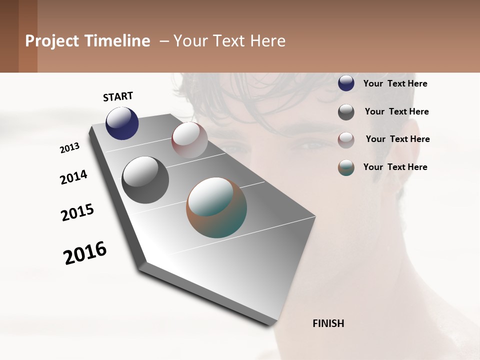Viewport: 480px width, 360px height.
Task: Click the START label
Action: point(118,96)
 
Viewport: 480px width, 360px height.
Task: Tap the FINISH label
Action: point(328,323)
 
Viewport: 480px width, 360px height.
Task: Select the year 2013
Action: point(69,148)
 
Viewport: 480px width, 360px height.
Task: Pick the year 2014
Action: point(73,177)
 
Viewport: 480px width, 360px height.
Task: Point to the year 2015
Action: point(77,212)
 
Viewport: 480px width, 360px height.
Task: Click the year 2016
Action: point(85,252)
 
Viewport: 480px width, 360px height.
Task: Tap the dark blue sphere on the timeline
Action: point(122,123)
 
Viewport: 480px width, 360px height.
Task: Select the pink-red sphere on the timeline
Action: point(189,140)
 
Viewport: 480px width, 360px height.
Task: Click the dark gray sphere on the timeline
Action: point(145,180)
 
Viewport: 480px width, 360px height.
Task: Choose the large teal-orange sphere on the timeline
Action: point(216,207)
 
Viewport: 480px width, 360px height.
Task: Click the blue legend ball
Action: point(346,83)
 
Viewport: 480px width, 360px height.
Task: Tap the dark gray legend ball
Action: point(346,112)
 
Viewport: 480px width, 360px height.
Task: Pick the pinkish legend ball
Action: point(346,140)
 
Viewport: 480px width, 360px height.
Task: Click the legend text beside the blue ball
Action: point(395,84)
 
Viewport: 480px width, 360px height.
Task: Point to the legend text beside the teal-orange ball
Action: point(395,167)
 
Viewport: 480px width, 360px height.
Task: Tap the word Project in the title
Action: point(52,41)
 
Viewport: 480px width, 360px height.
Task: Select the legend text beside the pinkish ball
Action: point(397,139)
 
